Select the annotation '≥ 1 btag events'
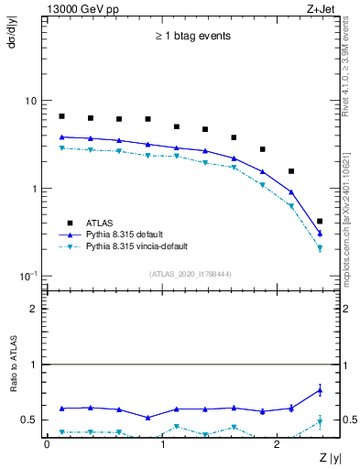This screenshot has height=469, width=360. [x=192, y=37]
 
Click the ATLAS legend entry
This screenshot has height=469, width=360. [x=101, y=223]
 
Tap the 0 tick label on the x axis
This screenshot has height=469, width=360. [x=47, y=443]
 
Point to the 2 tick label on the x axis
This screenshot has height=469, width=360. [x=278, y=443]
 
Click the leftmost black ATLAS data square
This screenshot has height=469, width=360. [x=61, y=116]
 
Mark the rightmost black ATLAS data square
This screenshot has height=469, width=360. [x=319, y=222]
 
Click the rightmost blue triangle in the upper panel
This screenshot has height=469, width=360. [x=319, y=234]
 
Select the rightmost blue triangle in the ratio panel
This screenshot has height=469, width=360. [x=319, y=390]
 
